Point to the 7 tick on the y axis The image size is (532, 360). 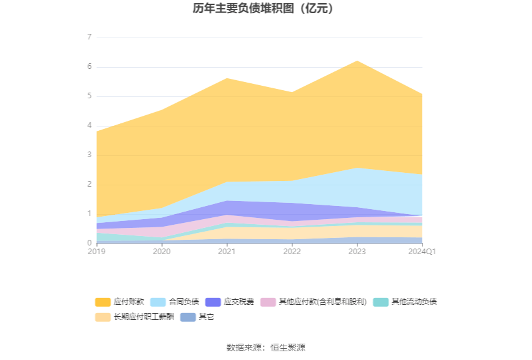pos(89,38)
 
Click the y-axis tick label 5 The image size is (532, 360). pos(89,96)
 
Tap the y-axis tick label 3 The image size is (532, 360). pos(89,155)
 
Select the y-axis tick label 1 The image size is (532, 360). pos(89,214)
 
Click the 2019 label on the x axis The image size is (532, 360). pos(96,251)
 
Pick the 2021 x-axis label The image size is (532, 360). pos(227,251)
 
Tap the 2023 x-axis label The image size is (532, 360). pos(357,251)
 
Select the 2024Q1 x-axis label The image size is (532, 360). pos(422,251)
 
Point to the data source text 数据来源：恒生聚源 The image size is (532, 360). pos(265,347)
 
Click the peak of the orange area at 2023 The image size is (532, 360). pos(357,61)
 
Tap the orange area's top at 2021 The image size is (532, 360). pos(227,78)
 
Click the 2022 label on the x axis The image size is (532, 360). pos(292,251)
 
